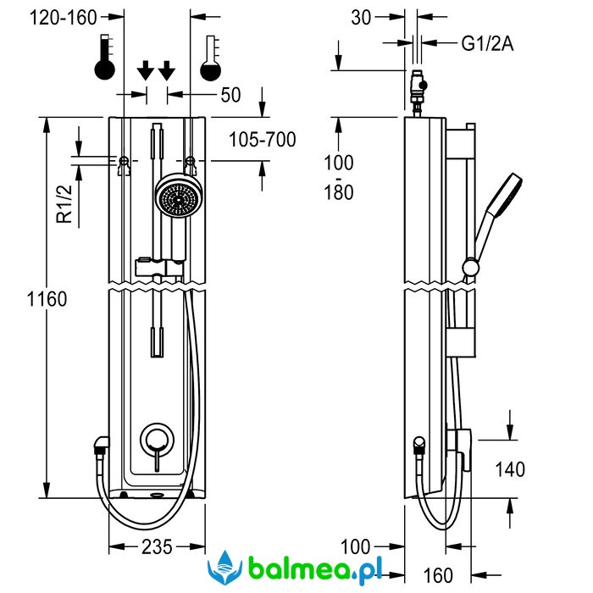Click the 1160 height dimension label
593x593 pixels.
[47, 298]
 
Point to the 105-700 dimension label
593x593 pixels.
[263, 140]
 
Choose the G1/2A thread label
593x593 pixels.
[487, 44]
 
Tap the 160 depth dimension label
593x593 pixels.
[437, 576]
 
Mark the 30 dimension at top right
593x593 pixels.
[361, 18]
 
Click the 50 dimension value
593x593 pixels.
[230, 94]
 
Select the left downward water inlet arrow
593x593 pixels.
[145, 69]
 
